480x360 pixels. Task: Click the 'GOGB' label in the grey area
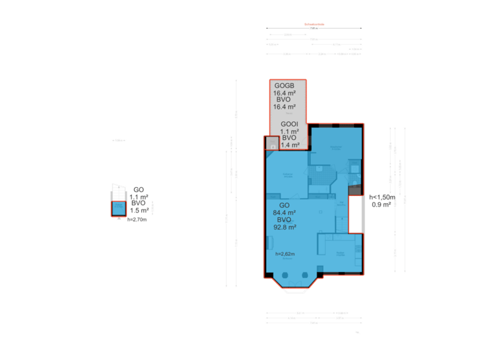pos(285,86)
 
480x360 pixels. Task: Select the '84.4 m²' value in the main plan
pos(284,213)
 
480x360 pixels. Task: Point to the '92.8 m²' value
pos(284,227)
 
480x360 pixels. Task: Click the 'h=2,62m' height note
pos(285,254)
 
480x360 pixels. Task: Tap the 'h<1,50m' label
pos(382,197)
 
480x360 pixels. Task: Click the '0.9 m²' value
pos(381,205)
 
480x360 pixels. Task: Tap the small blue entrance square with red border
pos(118,209)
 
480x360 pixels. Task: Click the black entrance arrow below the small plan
pos(119,218)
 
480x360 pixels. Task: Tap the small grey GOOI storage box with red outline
pos(271,143)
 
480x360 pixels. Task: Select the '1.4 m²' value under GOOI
pos(290,145)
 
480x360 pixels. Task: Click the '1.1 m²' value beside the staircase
pos(139,197)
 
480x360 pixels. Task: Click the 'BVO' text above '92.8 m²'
pos(284,219)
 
